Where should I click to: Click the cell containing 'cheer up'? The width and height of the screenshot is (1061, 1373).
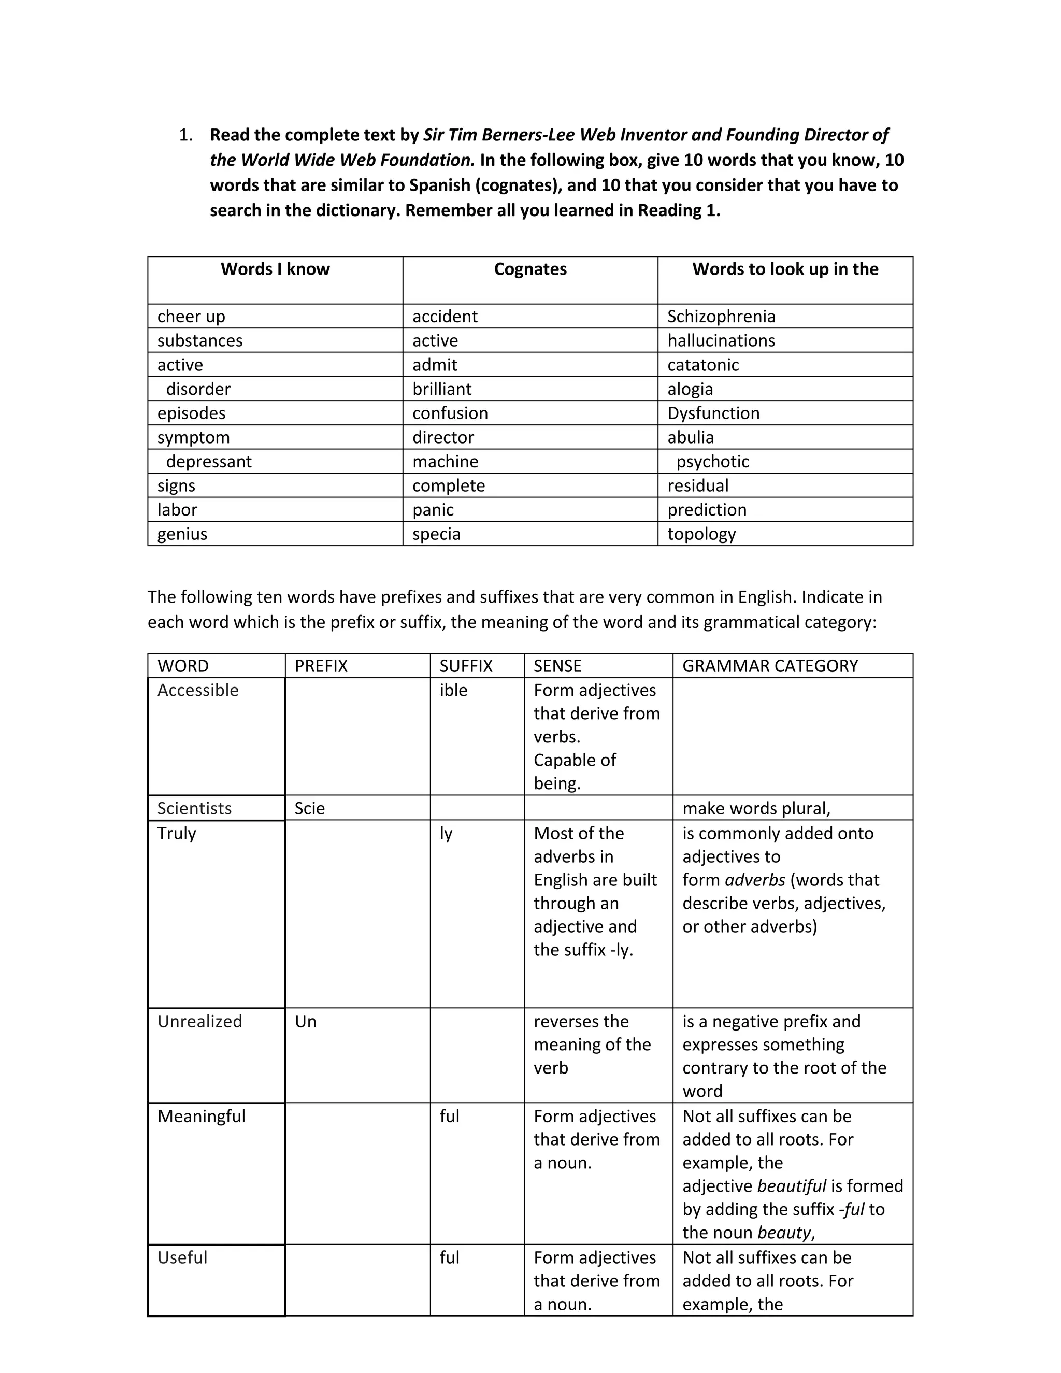[x=191, y=316]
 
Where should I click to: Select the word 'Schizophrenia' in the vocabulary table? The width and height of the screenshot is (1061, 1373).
[x=721, y=316]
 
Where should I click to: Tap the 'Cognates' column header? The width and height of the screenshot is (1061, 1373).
[x=530, y=269]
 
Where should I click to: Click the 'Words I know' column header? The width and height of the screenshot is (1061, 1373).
[x=275, y=269]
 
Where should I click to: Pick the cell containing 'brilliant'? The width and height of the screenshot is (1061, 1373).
[x=442, y=389]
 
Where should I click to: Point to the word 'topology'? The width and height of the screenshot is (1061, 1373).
[x=701, y=534]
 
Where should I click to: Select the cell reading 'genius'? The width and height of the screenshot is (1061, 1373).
[x=182, y=534]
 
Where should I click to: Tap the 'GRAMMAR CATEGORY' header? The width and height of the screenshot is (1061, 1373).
[x=770, y=666]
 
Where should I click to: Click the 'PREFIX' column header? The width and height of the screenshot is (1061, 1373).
[x=321, y=666]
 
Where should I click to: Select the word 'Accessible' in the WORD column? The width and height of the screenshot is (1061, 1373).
[x=198, y=690]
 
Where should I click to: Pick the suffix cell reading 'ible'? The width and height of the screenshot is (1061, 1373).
[x=453, y=690]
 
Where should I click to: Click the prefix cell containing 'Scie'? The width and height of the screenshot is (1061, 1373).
[x=310, y=808]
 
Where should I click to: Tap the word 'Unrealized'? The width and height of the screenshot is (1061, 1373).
[x=200, y=1022]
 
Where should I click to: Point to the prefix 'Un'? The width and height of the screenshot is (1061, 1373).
[x=306, y=1022]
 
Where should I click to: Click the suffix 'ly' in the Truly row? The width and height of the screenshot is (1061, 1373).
[x=446, y=834]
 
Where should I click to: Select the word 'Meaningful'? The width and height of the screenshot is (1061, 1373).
[x=201, y=1117]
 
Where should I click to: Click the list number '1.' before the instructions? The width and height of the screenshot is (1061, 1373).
[x=186, y=135]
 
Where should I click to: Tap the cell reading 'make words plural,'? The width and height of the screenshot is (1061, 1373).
[x=756, y=808]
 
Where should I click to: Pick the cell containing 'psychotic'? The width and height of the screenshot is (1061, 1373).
[x=712, y=462]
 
